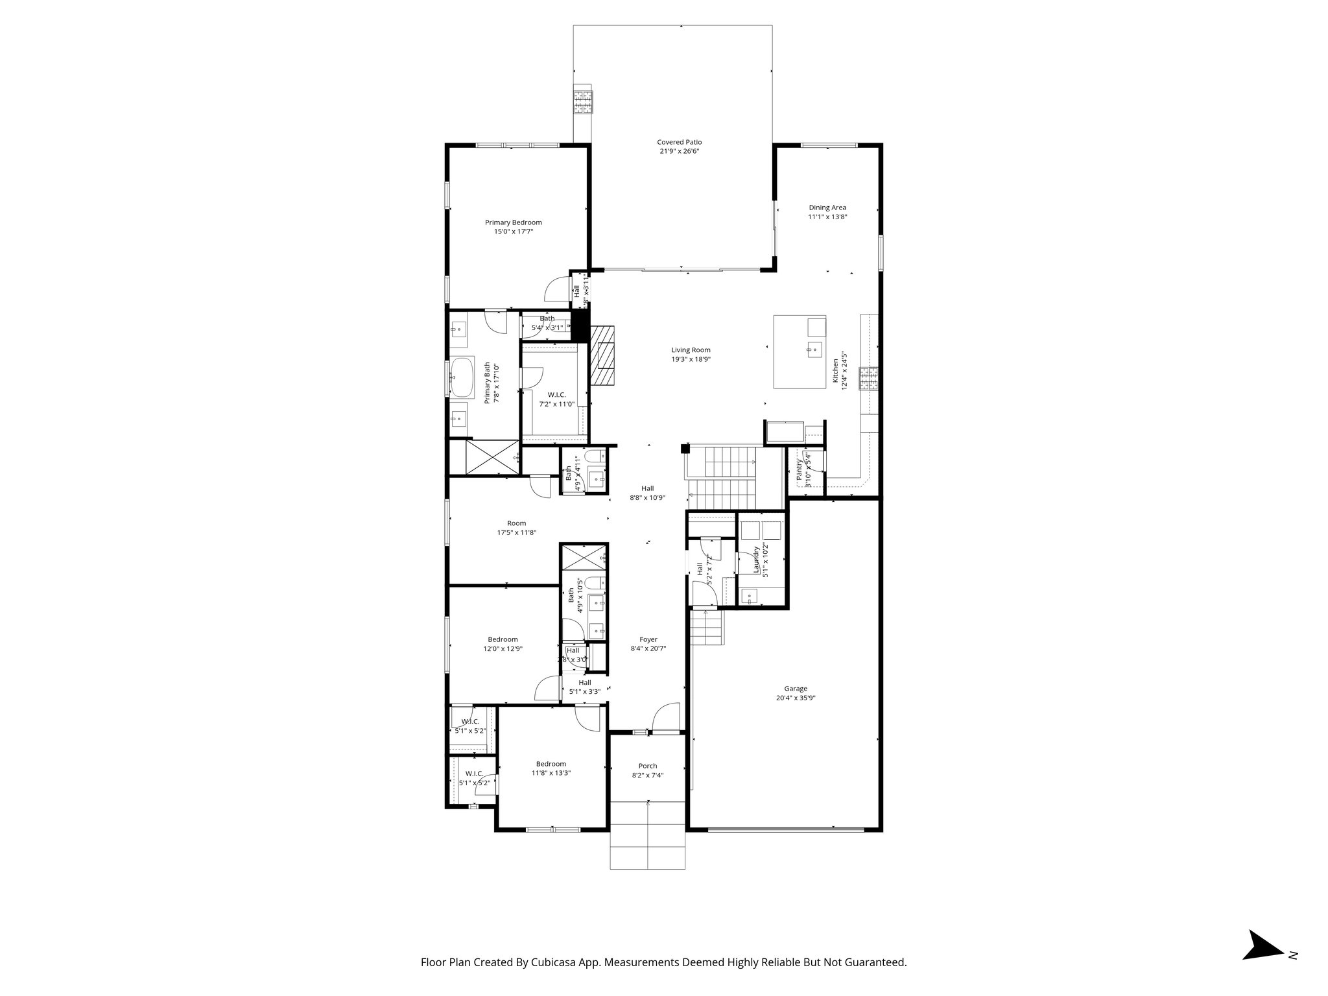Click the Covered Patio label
click(x=679, y=142)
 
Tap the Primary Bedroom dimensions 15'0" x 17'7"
click(x=513, y=231)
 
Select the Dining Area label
click(x=827, y=207)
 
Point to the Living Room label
click(x=691, y=350)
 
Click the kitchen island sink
click(x=814, y=350)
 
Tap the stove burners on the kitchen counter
click(x=868, y=379)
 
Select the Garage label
click(x=796, y=689)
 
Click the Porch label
click(x=647, y=766)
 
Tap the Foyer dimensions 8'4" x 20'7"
click(x=648, y=648)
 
